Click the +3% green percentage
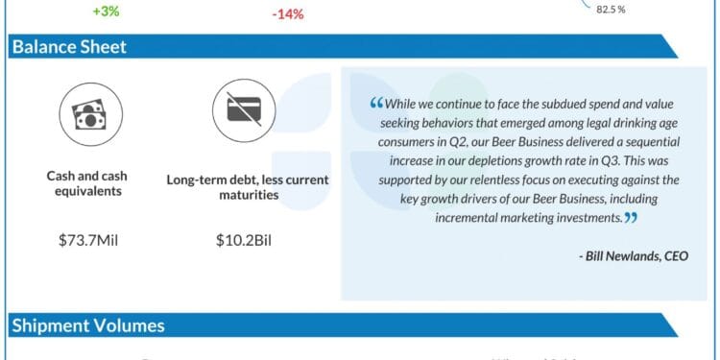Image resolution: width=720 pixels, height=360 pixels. pos(106,11)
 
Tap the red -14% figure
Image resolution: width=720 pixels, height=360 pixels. pos(288,14)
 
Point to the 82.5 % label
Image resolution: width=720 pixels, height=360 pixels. pos(612,10)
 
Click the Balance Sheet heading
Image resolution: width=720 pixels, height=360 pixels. pos(69,47)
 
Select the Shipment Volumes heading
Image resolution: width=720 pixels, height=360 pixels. pos(88,325)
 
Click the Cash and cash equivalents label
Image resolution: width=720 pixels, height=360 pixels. pos(86,184)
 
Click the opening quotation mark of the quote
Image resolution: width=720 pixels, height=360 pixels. pos(375,104)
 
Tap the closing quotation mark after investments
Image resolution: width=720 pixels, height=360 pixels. pos(631,218)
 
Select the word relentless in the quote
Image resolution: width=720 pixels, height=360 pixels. pos(486,180)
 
